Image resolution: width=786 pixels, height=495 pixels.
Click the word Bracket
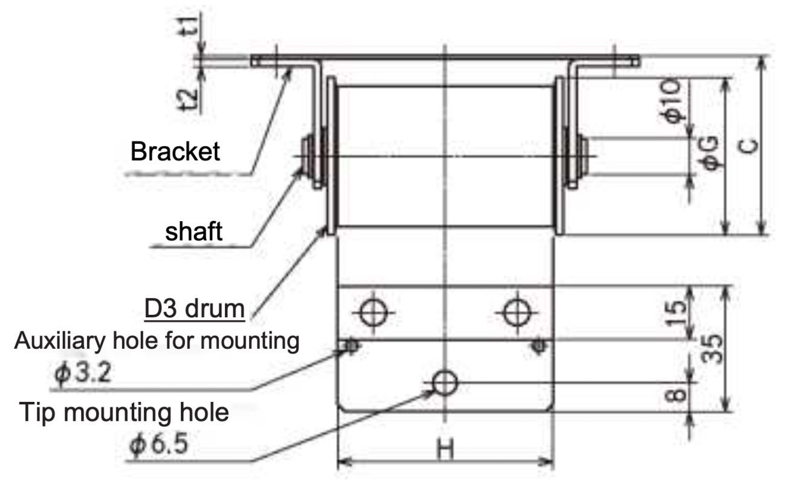[175, 152]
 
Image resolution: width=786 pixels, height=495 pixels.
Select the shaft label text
[194, 230]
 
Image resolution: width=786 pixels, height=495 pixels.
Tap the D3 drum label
[194, 309]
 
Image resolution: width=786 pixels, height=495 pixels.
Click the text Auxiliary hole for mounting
[157, 342]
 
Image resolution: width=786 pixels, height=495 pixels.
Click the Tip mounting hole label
[125, 413]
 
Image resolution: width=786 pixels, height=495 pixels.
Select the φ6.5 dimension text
[158, 446]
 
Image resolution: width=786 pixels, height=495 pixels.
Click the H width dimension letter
[444, 450]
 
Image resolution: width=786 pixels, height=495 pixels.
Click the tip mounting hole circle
[445, 382]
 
